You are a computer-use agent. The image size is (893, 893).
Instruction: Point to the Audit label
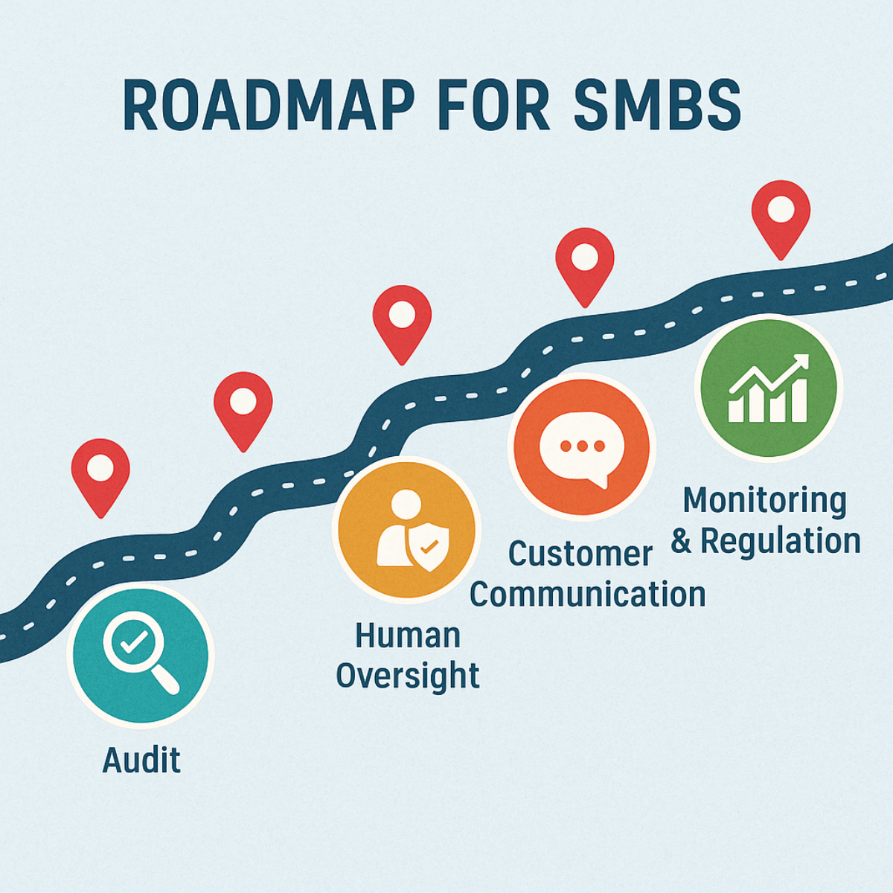click(141, 760)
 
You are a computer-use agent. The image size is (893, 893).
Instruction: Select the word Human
click(407, 636)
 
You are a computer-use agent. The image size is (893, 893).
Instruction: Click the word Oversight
click(407, 676)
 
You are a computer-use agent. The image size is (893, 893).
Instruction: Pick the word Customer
click(580, 554)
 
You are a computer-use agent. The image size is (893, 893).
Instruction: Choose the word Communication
click(587, 595)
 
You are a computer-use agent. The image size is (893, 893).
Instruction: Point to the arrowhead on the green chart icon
click(801, 362)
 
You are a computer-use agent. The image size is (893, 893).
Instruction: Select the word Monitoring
click(764, 501)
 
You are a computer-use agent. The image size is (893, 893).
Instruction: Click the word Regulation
click(780, 541)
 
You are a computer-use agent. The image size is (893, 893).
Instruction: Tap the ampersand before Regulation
click(681, 541)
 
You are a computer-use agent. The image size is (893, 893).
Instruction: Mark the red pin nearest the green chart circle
click(781, 212)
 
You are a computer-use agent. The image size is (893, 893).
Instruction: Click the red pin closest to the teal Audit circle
click(100, 471)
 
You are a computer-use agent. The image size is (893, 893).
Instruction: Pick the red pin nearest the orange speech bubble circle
click(585, 260)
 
